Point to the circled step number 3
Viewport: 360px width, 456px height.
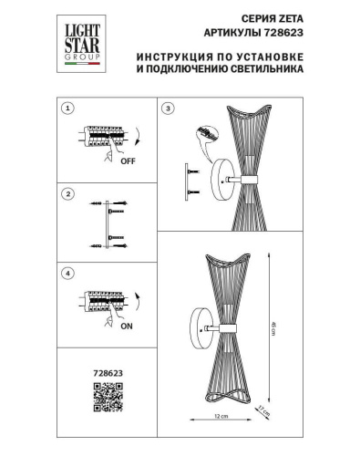tap(167, 109)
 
